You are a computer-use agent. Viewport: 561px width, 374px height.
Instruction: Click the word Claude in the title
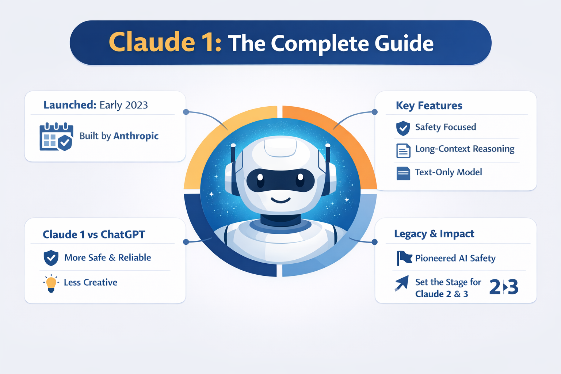point(152,42)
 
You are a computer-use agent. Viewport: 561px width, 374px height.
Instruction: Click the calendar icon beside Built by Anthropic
point(56,137)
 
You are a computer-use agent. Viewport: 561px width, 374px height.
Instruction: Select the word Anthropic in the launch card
point(136,136)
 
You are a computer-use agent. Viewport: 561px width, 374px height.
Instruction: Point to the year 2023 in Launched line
point(136,105)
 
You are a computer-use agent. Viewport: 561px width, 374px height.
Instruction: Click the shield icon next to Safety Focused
point(403,128)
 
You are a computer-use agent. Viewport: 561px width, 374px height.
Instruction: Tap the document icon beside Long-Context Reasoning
point(403,150)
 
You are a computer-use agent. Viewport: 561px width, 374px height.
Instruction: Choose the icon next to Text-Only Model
point(403,173)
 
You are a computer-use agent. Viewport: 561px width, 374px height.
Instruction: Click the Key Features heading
point(429,106)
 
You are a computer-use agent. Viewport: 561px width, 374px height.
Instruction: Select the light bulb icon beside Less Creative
point(51,283)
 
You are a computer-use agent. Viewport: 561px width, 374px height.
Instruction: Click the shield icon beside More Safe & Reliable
point(51,258)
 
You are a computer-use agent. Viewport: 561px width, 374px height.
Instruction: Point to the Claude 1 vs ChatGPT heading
point(94,234)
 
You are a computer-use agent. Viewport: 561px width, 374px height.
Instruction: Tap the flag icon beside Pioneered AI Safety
point(404,258)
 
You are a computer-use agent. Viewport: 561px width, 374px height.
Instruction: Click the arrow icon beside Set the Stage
point(402,283)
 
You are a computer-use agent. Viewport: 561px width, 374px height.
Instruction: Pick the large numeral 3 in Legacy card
point(513,287)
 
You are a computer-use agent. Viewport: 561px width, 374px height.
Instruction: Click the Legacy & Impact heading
point(434,234)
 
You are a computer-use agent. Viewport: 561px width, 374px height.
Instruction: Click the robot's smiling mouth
point(280,200)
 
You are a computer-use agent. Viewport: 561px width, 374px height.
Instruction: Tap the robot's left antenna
point(233,153)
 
